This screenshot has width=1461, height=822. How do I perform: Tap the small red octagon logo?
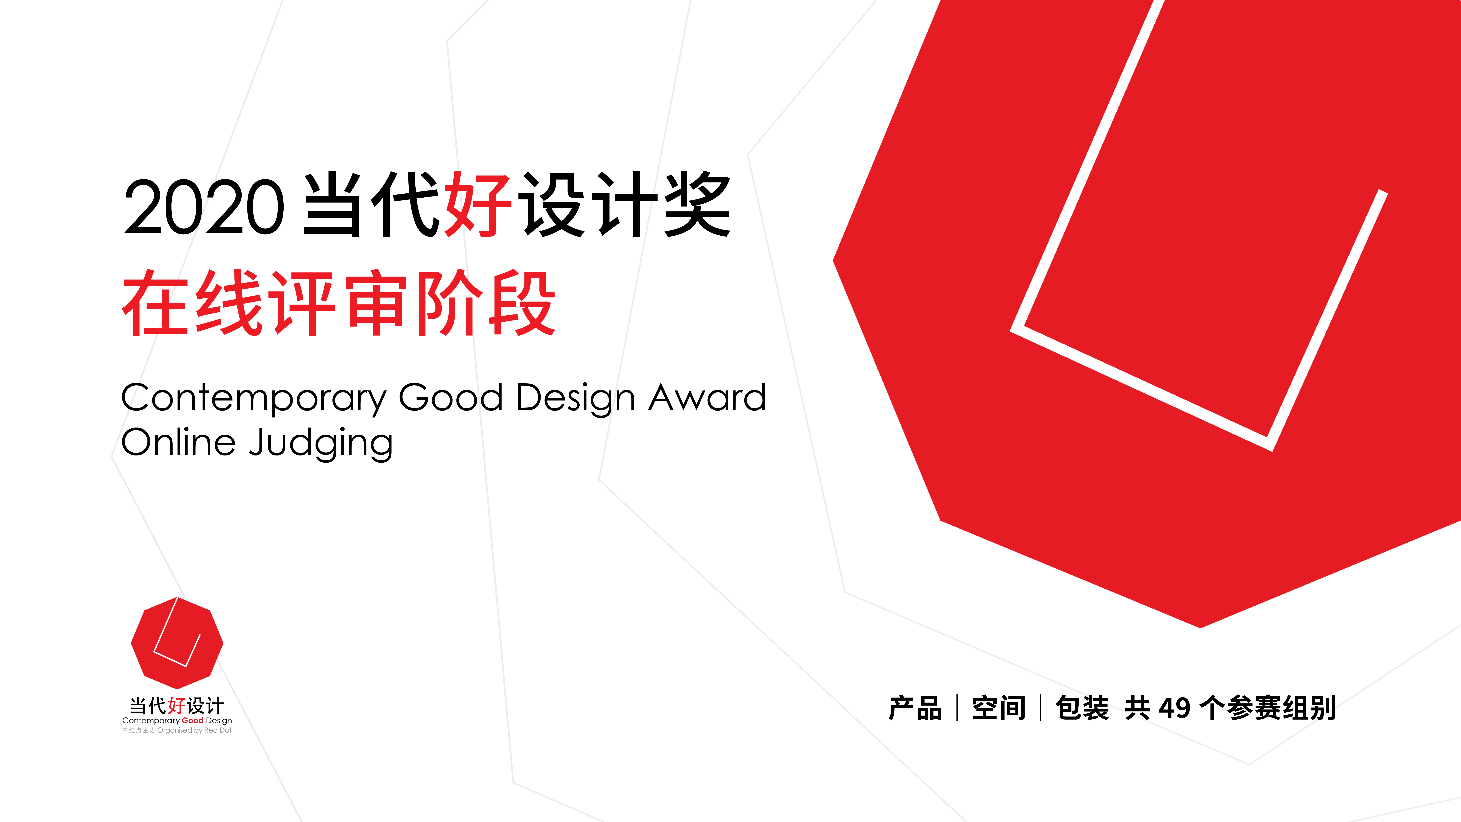tap(177, 643)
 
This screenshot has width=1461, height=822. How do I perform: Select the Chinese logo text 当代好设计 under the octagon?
tap(177, 706)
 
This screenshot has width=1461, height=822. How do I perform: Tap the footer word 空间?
tap(999, 708)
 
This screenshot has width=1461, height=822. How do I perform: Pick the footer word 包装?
tap(1082, 708)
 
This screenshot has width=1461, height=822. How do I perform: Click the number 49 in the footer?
tap(1174, 708)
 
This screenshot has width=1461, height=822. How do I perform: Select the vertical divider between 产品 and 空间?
tap(957, 708)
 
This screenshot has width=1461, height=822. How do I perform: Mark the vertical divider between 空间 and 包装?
tap(1041, 708)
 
